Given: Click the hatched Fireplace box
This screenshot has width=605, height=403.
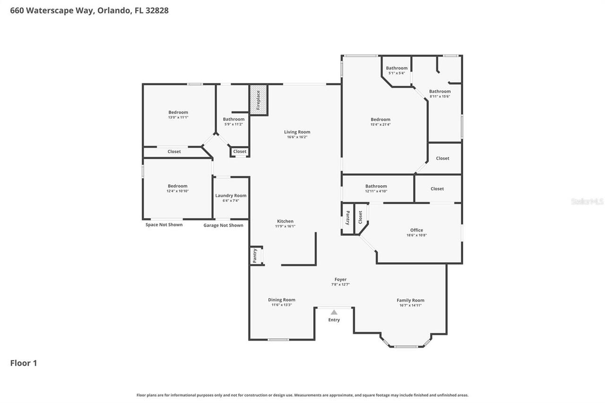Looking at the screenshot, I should [259, 100].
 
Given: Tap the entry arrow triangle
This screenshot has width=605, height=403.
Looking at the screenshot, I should [334, 312].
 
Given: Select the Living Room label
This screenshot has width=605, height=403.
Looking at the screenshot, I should [297, 132].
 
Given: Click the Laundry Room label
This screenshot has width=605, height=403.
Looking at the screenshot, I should [231, 196].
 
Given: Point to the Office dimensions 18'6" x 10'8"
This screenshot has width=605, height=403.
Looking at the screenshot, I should [416, 235].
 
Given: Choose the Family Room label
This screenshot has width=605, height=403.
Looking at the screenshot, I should [410, 300].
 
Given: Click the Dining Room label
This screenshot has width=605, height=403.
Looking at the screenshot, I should [282, 300].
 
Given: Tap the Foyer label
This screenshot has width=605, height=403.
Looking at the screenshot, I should [340, 280].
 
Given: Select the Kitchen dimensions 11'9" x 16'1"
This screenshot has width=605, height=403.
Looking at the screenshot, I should [285, 226].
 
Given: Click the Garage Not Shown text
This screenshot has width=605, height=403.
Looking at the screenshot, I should [223, 225].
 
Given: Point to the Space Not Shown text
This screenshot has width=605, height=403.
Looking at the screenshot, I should [164, 225].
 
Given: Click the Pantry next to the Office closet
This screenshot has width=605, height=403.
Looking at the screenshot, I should [348, 218].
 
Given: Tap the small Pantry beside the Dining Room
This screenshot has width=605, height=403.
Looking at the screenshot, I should [255, 256].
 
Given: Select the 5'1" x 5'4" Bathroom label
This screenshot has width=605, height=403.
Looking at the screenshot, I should [397, 68].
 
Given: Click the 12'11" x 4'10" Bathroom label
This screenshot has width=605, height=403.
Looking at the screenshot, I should [376, 186].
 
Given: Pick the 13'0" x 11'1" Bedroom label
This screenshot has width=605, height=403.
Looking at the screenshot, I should [178, 112].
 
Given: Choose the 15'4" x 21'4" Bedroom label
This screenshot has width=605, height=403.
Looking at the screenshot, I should [380, 120].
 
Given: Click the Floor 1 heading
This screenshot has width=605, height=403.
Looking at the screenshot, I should [24, 363].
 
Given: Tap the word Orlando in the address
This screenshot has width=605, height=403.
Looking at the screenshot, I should [113, 10].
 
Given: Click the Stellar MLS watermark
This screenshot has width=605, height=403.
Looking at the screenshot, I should [587, 202].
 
